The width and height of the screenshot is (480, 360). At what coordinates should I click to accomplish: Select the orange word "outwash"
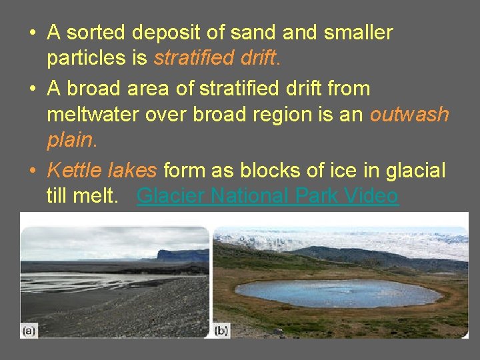pos(409,115)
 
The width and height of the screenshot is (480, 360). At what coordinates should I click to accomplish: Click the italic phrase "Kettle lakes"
pos(102,171)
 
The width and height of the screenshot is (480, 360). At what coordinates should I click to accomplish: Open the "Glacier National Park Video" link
pos(267,197)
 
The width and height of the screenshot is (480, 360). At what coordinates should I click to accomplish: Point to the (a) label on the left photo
pos(29,330)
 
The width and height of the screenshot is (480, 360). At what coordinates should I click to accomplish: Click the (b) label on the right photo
pos(221,330)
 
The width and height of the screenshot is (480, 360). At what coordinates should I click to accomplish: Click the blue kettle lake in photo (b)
pos(339,293)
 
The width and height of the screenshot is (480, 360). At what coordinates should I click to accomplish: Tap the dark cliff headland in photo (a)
pos(182,255)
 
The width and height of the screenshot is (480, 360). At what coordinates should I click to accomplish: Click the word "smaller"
pos(359,32)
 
